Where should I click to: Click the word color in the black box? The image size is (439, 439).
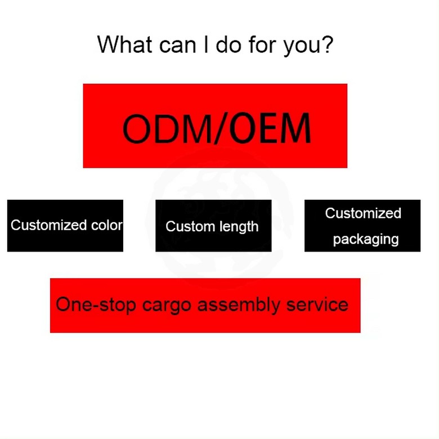106,225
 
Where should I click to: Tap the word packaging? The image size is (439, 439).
366,239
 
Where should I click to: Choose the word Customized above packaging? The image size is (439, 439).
363,213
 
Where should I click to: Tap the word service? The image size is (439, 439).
317,304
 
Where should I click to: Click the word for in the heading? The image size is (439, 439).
261,44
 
